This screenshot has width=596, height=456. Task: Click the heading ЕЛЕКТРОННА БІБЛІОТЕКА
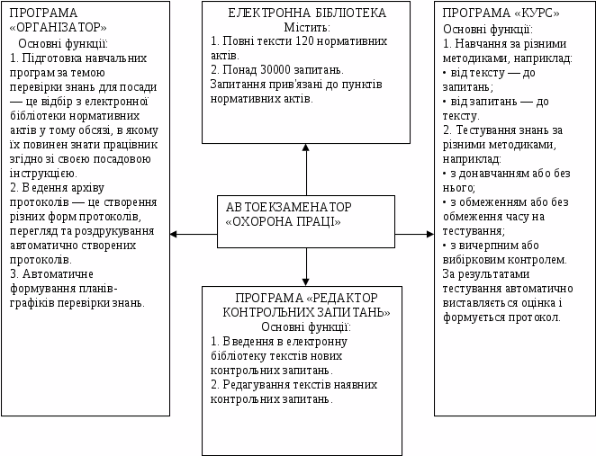[307, 13]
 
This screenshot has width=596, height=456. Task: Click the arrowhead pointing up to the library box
[306, 149]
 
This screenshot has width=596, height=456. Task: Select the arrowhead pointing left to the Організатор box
[176, 234]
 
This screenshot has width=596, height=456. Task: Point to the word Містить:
[308, 27]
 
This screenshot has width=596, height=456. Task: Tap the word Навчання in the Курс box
[483, 42]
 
